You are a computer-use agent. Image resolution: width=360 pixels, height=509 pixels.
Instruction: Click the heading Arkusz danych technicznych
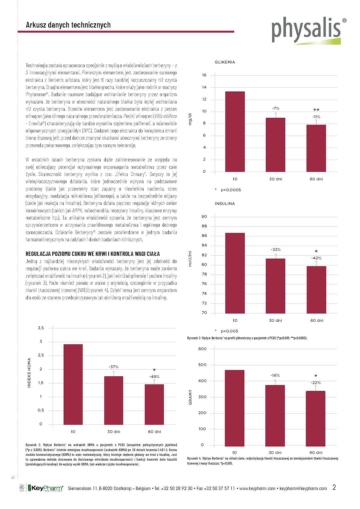pos(68,25)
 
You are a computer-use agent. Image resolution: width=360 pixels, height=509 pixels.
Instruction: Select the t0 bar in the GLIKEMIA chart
pos(235,131)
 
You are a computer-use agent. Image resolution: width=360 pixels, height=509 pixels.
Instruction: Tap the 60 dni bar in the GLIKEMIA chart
pos(316,148)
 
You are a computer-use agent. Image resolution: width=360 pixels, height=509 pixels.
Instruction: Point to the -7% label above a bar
pos(275,109)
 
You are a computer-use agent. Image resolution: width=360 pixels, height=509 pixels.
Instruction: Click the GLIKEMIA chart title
pos(225,62)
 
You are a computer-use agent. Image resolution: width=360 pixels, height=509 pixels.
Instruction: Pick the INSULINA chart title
pos(225,204)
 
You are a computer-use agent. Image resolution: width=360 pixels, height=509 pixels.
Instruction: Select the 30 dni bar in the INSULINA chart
pos(275,286)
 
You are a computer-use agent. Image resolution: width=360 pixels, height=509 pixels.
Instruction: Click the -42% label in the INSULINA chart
pos(316,258)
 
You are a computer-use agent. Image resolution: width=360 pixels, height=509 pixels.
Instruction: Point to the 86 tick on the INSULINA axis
pos(204,236)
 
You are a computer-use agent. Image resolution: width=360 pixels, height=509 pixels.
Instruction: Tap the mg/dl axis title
pos(190,119)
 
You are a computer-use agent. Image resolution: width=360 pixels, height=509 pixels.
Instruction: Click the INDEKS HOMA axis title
pos(29,373)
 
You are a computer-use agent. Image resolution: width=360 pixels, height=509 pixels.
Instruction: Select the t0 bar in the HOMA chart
pos(73,384)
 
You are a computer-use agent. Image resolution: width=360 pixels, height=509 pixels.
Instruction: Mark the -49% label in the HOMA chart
pos(154,377)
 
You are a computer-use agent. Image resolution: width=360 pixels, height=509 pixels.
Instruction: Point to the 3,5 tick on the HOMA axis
pos(41,328)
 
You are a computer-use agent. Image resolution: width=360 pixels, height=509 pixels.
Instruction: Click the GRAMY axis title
pos(190,397)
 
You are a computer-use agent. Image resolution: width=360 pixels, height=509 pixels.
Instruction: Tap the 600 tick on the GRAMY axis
pos(202,349)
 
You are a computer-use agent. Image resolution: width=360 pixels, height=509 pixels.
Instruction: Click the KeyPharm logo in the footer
pos(46,488)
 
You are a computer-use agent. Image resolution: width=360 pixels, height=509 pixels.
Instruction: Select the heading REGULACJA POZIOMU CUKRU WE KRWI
pos(93,254)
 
